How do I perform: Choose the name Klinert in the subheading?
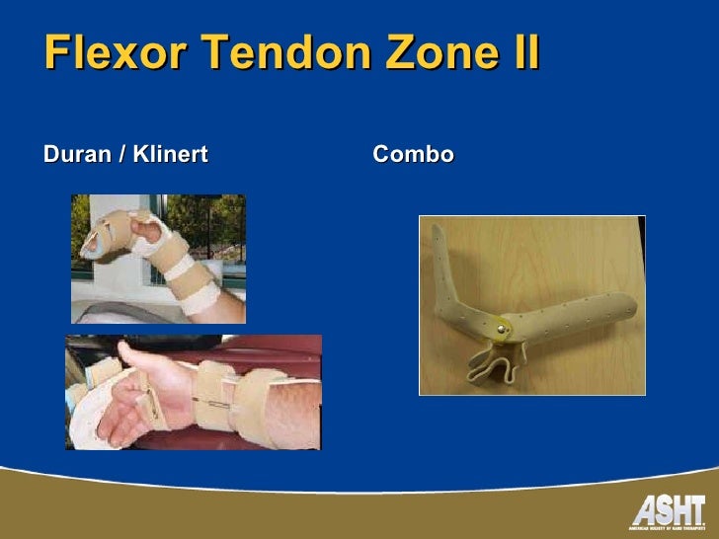(172, 155)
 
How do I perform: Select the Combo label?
(413, 155)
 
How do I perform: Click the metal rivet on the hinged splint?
(505, 324)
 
